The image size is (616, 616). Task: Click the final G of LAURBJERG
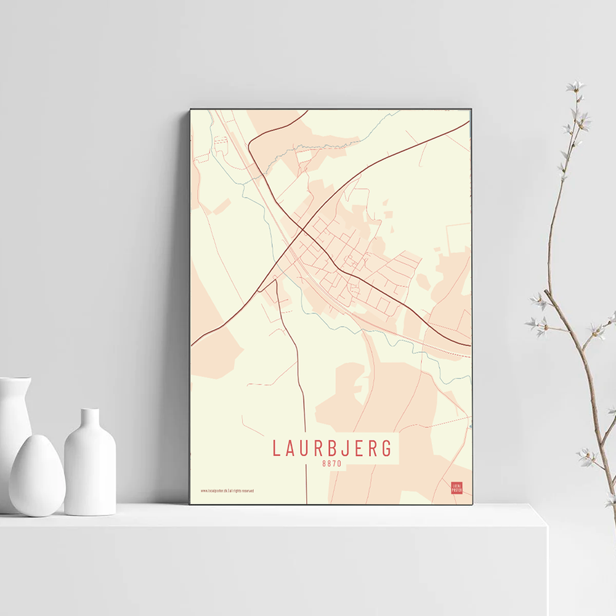coord(386,448)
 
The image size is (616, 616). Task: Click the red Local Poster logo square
coord(456,488)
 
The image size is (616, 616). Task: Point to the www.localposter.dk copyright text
coord(227,491)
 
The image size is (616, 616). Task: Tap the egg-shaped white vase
coord(37,476)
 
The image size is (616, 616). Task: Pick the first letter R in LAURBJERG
coord(310,448)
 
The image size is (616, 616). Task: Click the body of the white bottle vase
coord(90,471)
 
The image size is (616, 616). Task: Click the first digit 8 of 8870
coord(324,463)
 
